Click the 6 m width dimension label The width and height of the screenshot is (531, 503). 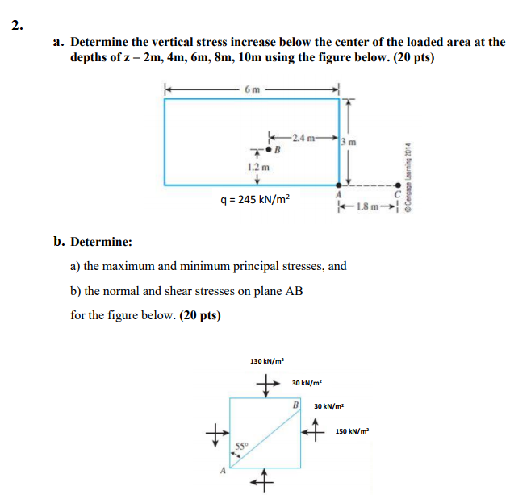(252, 89)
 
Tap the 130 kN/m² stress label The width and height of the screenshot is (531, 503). (266, 362)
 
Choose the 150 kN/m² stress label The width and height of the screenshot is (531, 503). (353, 432)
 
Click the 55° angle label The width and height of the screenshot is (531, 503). (241, 446)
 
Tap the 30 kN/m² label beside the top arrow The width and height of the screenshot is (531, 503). (307, 381)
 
